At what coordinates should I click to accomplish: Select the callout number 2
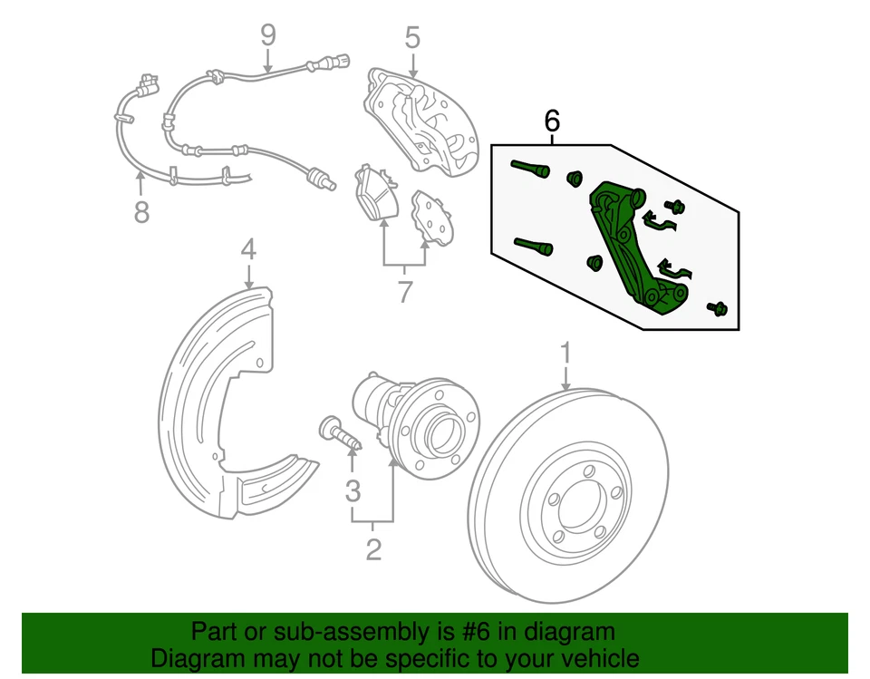372,548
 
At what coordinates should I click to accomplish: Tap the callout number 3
353,491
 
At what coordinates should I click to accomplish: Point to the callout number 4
248,248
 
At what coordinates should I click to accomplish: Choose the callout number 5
412,38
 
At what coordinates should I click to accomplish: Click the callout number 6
551,120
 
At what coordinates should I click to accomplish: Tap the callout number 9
267,35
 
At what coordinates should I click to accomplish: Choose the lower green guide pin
532,246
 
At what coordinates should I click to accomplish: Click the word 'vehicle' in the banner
594,658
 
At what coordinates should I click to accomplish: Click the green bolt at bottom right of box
717,309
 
